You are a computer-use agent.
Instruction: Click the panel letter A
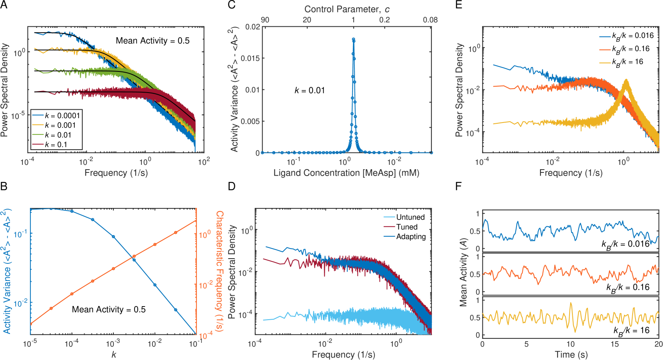[4, 5]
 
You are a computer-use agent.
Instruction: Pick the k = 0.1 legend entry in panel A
[56, 144]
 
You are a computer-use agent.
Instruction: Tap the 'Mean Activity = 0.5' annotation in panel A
[152, 41]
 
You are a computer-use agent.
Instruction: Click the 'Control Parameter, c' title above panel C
[347, 9]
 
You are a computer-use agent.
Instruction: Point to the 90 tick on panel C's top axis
[265, 20]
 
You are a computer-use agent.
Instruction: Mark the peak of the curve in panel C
[353, 40]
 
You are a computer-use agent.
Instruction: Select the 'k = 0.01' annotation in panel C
[310, 91]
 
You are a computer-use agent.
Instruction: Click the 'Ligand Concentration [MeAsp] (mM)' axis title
[346, 173]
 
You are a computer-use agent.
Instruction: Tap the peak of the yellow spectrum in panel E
[626, 81]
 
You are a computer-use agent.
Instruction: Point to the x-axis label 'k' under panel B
[114, 354]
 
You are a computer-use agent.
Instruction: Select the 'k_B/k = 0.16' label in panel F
[628, 287]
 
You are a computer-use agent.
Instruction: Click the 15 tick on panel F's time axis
[615, 344]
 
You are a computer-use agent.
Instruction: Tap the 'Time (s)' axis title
[571, 354]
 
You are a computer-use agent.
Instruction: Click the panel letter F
[458, 186]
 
